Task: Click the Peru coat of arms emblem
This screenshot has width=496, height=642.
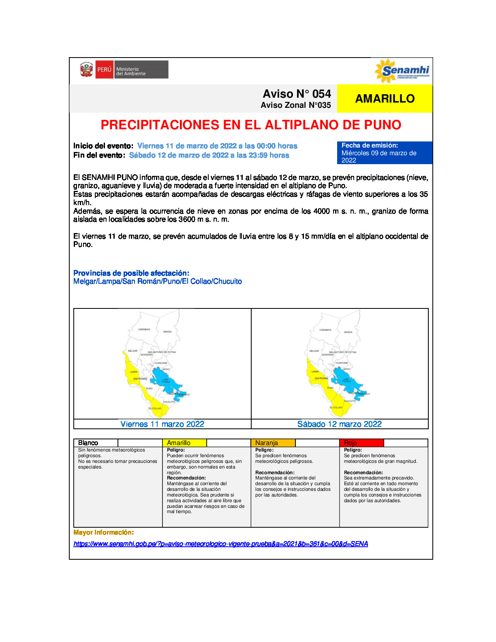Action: click(86, 70)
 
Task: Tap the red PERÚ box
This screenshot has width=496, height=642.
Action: click(104, 70)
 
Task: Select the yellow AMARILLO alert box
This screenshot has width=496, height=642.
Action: click(385, 98)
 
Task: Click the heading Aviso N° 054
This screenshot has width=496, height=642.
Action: click(297, 94)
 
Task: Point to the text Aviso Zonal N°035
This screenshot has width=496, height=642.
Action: click(295, 105)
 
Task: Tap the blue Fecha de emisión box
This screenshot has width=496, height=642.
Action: click(384, 153)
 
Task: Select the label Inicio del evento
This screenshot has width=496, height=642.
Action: click(103, 146)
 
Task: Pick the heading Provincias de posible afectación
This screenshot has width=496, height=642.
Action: click(131, 273)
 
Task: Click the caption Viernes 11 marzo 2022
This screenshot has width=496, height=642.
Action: click(162, 424)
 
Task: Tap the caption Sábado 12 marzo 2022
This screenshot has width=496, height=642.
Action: click(340, 424)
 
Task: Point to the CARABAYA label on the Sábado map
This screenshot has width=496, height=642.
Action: click(325, 330)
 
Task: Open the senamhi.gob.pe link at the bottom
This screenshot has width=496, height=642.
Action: click(220, 544)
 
